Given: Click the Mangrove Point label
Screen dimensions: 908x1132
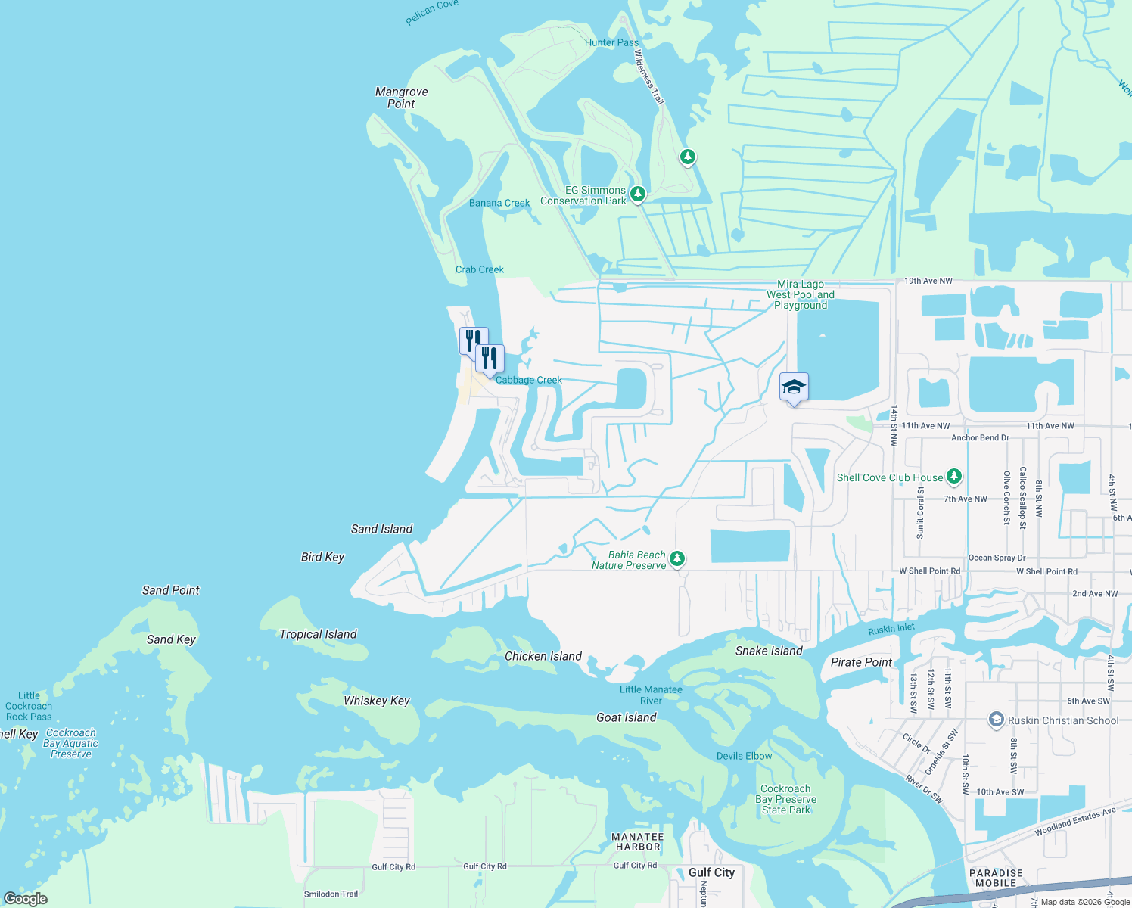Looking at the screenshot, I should pyautogui.click(x=401, y=98).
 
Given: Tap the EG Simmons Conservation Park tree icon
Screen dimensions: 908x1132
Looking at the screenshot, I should pyautogui.click(x=638, y=194).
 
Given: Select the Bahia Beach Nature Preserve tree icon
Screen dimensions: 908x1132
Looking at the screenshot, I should pyautogui.click(x=677, y=558).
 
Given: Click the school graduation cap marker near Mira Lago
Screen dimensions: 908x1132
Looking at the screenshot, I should pyautogui.click(x=793, y=387).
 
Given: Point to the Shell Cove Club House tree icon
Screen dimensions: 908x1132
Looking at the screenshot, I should pyautogui.click(x=954, y=476).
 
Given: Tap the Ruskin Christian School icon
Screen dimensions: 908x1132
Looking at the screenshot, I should pyautogui.click(x=997, y=720).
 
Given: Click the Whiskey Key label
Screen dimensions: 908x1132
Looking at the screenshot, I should pyautogui.click(x=376, y=701).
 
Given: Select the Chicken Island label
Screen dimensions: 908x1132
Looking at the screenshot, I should pyautogui.click(x=543, y=656).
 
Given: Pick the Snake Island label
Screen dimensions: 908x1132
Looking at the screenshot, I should pyautogui.click(x=768, y=651).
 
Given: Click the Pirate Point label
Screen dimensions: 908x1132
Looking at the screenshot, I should pyautogui.click(x=861, y=662).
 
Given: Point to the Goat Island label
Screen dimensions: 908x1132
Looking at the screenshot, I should pyautogui.click(x=626, y=717).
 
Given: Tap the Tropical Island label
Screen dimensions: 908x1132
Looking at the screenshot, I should pyautogui.click(x=318, y=634).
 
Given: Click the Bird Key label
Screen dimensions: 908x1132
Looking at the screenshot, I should pyautogui.click(x=322, y=557).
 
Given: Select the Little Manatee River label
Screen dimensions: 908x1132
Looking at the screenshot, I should pyautogui.click(x=651, y=695).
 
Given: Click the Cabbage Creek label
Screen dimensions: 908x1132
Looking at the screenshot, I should pyautogui.click(x=528, y=380).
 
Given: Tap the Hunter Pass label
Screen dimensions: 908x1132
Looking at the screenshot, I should pyautogui.click(x=611, y=42).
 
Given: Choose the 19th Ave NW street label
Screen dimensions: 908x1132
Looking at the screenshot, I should pyautogui.click(x=928, y=281).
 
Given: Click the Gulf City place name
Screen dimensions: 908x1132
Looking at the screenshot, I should pyautogui.click(x=711, y=872).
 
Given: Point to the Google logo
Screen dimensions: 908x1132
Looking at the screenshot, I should pyautogui.click(x=25, y=898).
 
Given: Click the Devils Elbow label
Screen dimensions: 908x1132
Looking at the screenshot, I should pyautogui.click(x=744, y=756).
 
